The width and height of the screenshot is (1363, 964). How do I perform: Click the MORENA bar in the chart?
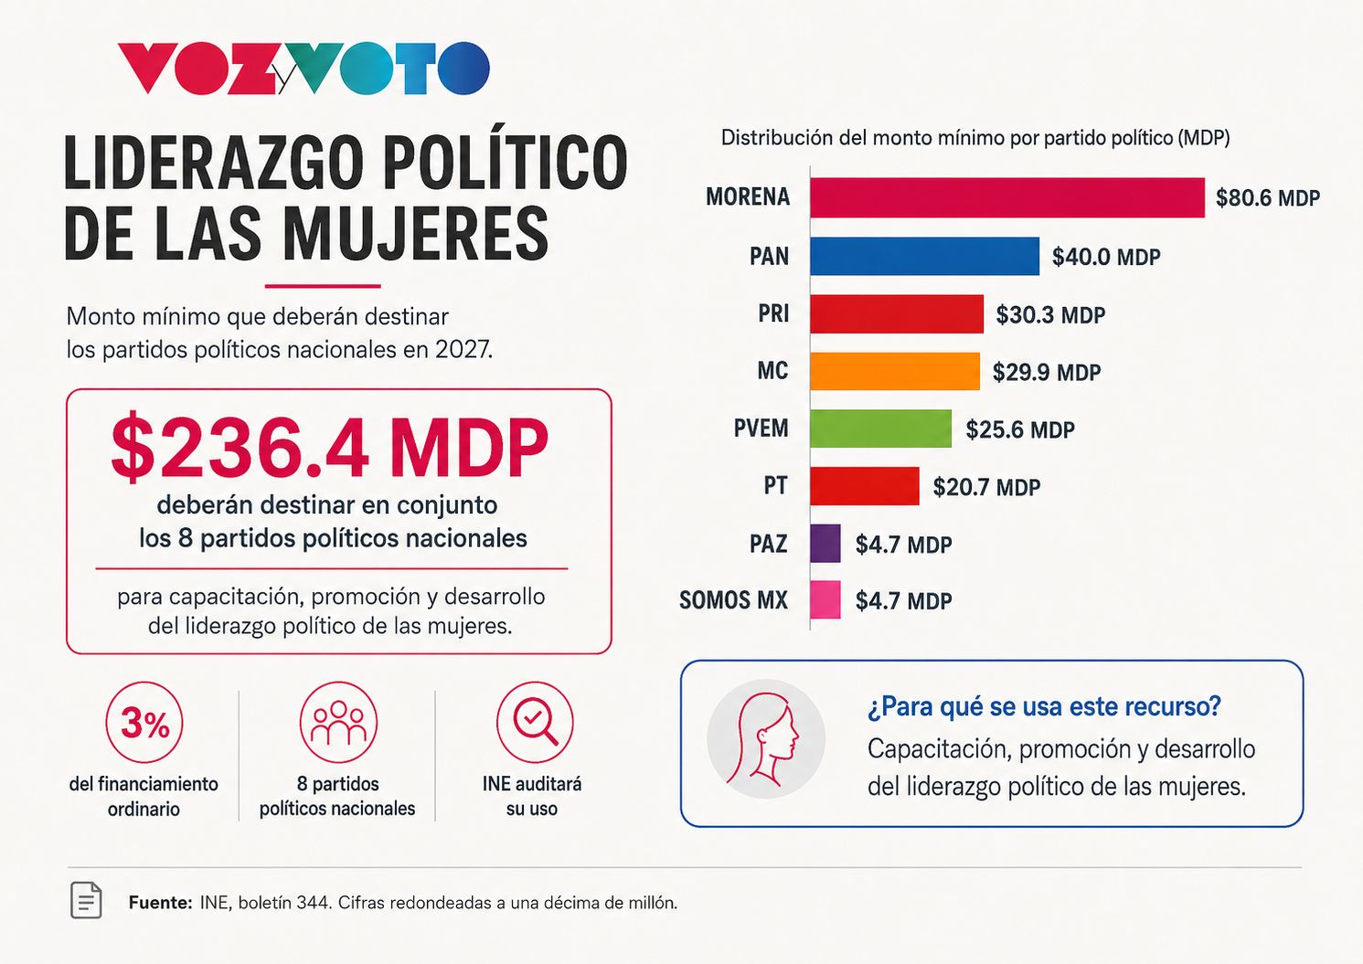pos(1007,197)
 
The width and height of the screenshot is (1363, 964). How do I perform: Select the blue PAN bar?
pos(925,256)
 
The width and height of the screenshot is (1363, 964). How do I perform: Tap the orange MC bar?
pos(895,371)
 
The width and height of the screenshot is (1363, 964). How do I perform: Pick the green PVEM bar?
pos(881,429)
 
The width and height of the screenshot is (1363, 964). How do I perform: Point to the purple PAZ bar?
pos(825,543)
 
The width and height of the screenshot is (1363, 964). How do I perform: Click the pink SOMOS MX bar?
pos(825,599)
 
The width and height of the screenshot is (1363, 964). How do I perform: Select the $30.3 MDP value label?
pos(1050,315)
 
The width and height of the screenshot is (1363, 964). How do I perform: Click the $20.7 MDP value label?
pos(986,487)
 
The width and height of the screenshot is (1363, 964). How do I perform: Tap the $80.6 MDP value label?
pos(1267,198)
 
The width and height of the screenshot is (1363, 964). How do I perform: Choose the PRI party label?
pos(773,313)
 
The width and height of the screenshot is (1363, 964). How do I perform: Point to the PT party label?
pos(776,486)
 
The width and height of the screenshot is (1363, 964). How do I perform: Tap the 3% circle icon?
pos(144,722)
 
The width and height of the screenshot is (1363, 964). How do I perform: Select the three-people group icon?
pos(338,722)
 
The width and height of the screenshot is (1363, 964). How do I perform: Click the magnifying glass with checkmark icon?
pos(535,722)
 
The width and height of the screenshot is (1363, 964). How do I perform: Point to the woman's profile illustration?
pos(766,739)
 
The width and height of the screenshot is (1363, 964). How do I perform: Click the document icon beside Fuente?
pos(87,899)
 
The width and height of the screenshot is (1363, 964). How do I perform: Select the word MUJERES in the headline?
pos(416,234)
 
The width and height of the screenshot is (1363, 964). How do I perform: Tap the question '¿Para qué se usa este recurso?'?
pos(1044,706)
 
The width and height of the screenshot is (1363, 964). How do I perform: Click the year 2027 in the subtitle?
pos(463,350)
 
